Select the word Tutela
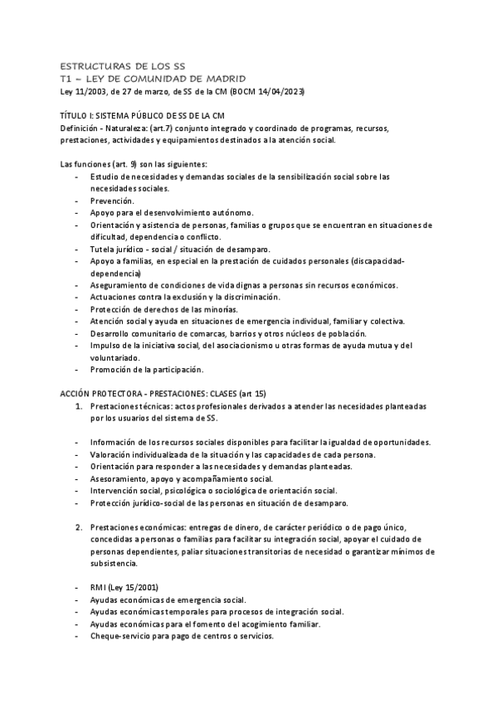point(104,249)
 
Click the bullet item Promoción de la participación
point(147,369)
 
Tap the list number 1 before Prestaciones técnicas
point(79,406)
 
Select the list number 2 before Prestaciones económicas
point(79,527)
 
